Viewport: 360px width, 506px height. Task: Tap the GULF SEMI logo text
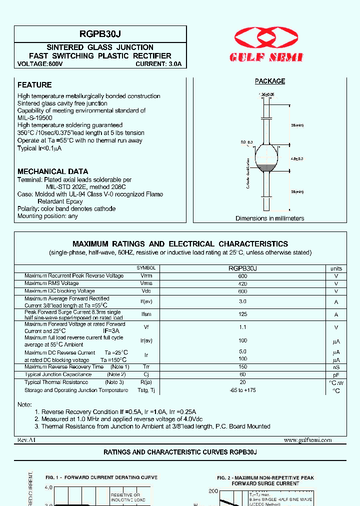tap(266, 57)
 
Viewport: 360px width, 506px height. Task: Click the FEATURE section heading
tap(34, 85)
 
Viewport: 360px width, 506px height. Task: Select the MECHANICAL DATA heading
tap(53, 171)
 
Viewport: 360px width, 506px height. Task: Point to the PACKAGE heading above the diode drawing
tap(270, 81)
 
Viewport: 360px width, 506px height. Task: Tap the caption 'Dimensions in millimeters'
tap(269, 218)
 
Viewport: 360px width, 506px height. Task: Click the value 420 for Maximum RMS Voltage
tap(242, 283)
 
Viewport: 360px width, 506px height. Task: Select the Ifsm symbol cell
tap(146, 314)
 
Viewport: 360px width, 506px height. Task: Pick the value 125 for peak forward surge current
tap(242, 314)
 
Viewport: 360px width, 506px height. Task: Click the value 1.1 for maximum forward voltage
tap(242, 327)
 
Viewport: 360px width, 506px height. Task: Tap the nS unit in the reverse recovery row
tap(336, 367)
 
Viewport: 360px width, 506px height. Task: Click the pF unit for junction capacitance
tap(336, 374)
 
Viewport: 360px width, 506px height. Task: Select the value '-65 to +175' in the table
tap(242, 390)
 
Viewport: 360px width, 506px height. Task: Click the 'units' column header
tap(336, 268)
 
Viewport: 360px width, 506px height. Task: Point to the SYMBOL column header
tap(146, 268)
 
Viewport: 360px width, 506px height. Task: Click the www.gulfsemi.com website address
tap(307, 440)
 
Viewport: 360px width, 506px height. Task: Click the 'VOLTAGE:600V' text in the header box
tap(40, 64)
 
